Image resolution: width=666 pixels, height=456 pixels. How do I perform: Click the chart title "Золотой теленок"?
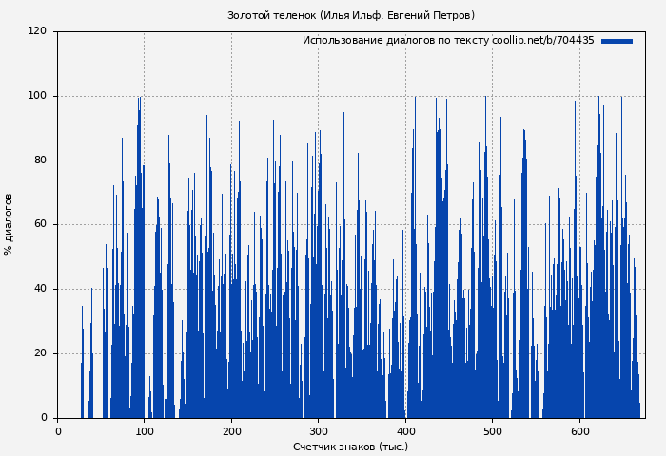click(x=271, y=15)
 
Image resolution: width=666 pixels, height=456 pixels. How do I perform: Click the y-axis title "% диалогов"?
click(x=9, y=224)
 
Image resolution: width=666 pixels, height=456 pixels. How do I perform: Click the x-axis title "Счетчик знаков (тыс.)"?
click(x=350, y=446)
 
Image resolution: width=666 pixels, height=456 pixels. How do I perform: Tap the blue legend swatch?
click(x=617, y=41)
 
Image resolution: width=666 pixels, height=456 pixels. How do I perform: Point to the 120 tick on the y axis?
click(x=37, y=31)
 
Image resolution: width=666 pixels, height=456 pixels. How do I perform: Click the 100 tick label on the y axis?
click(x=37, y=96)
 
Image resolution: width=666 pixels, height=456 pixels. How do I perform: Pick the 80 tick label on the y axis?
click(x=40, y=161)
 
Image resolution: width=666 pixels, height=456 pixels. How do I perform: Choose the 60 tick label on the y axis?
click(x=40, y=225)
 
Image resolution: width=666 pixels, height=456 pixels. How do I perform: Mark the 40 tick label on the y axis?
click(x=40, y=289)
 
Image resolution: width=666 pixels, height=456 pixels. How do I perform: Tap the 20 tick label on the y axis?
click(x=40, y=353)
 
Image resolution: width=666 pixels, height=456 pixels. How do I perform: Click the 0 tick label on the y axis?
click(x=43, y=418)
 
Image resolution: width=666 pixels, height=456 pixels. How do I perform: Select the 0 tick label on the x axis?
click(x=57, y=431)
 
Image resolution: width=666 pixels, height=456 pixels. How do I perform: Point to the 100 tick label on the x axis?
click(x=145, y=431)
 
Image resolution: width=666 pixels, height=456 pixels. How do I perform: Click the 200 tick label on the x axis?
click(x=231, y=431)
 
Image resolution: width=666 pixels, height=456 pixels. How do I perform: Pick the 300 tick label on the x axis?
click(x=319, y=431)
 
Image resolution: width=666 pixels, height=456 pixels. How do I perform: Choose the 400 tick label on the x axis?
click(x=405, y=431)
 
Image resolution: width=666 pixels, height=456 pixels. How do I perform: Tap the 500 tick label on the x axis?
click(x=493, y=431)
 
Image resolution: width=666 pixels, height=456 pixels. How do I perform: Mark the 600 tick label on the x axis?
click(x=579, y=431)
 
